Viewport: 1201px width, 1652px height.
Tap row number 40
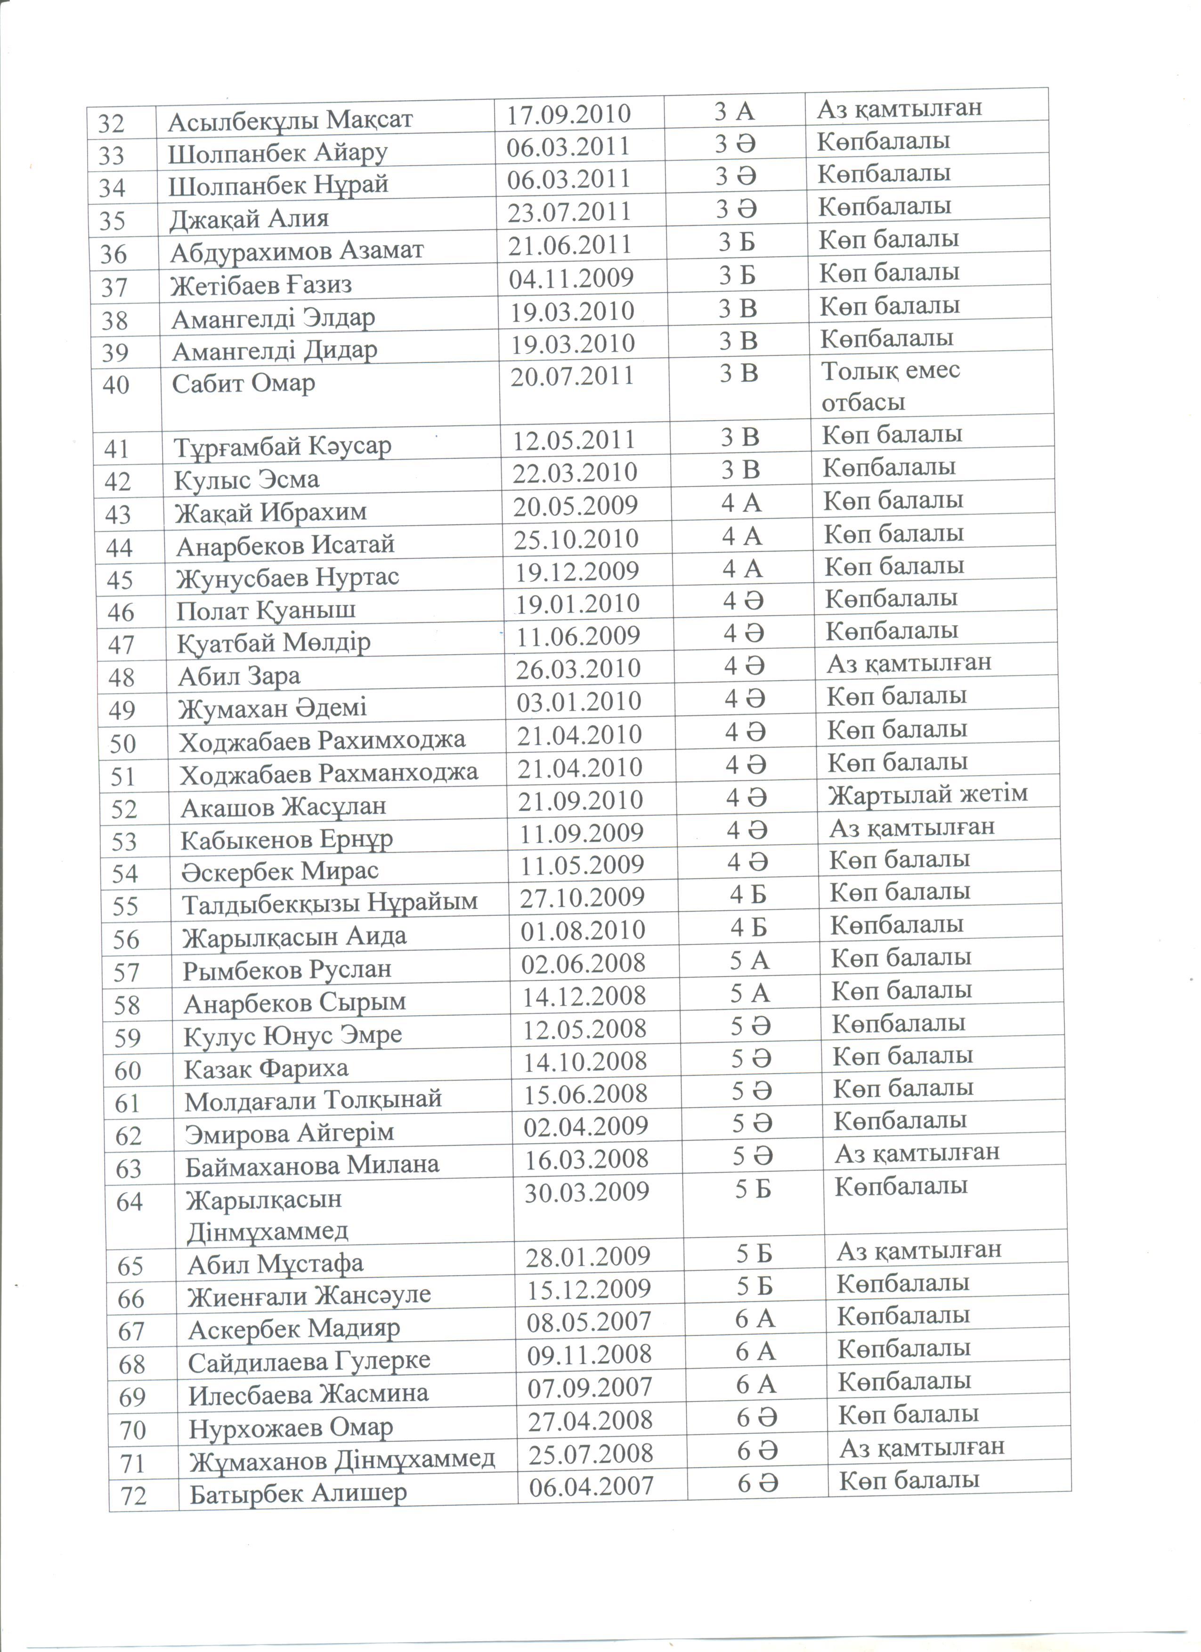(116, 385)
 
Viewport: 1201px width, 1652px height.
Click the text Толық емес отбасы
(891, 386)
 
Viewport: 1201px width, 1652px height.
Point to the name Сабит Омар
(243, 383)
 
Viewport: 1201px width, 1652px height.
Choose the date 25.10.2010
(576, 539)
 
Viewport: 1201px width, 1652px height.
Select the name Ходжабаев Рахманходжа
(329, 772)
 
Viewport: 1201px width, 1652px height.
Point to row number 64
(129, 1201)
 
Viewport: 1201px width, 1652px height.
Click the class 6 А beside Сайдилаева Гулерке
(755, 1352)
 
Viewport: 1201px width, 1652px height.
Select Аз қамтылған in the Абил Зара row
(909, 663)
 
